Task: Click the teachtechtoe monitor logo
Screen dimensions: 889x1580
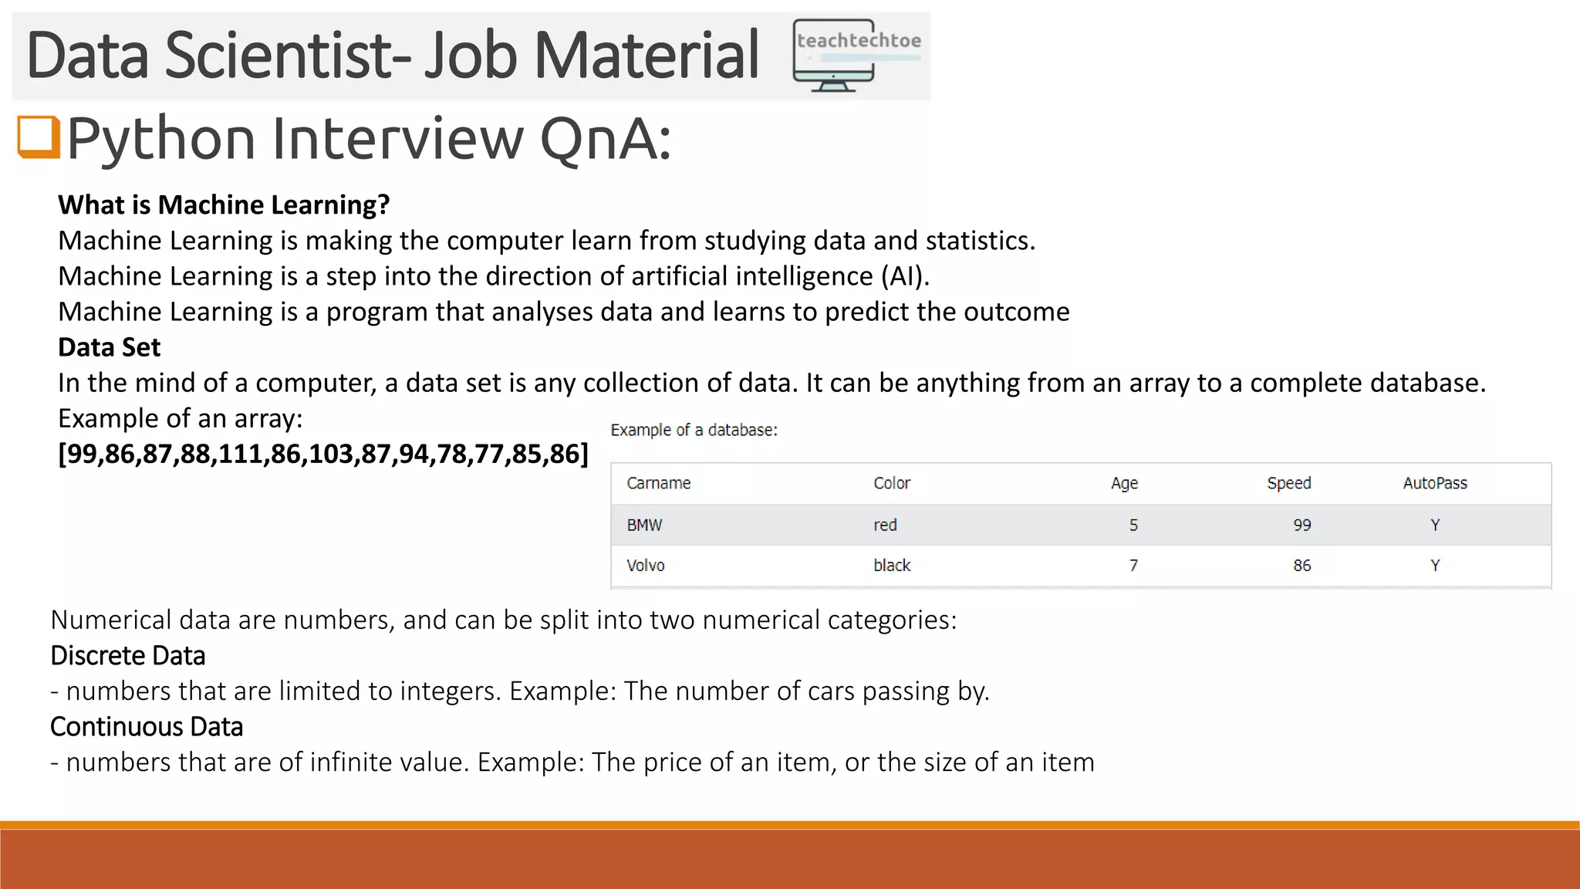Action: point(856,56)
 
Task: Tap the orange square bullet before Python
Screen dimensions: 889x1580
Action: point(39,137)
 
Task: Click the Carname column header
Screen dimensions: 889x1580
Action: point(658,483)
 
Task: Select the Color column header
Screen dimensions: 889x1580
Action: point(892,483)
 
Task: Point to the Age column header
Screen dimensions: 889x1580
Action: point(1124,483)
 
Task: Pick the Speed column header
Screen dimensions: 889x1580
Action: point(1288,483)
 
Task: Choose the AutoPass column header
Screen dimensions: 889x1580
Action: point(1435,483)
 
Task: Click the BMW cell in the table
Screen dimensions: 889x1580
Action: point(644,526)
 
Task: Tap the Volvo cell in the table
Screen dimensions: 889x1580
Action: point(646,566)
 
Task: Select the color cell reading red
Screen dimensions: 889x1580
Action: point(885,526)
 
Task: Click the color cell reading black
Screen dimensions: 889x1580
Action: point(892,566)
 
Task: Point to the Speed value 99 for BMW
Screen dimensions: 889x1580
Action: point(1302,526)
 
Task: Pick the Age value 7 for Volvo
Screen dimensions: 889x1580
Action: point(1133,566)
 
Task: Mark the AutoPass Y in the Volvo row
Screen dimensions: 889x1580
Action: point(1435,566)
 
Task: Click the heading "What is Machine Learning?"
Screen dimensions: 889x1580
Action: point(224,205)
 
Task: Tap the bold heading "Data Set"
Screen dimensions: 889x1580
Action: point(109,347)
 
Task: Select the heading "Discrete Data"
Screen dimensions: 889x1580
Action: point(128,656)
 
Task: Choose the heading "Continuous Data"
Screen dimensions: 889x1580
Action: point(147,727)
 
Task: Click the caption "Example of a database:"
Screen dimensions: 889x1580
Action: point(694,431)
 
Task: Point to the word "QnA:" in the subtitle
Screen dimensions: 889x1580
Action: point(605,139)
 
